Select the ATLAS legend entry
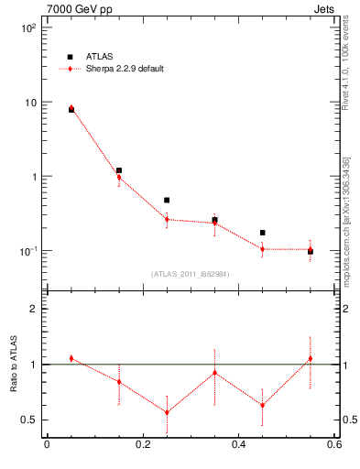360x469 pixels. pos(88,57)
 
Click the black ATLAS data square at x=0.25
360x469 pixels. pos(167,200)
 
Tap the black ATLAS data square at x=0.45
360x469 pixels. pos(262,233)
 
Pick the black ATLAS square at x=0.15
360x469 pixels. pos(119,170)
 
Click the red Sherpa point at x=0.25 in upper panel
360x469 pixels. pos(167,219)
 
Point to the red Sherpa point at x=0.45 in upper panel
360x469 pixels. pos(262,249)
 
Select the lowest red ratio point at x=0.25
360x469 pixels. pos(167,412)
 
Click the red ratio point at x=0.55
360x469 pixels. pos(311,358)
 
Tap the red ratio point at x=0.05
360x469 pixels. pos(71,358)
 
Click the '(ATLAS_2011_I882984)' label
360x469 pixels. pos(190,273)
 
